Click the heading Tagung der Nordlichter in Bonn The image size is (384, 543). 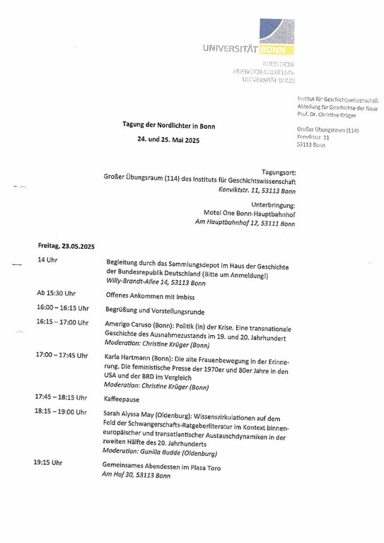pyautogui.click(x=168, y=126)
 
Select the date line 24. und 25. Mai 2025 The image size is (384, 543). pyautogui.click(x=168, y=140)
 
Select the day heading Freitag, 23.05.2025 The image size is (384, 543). pyautogui.click(x=66, y=246)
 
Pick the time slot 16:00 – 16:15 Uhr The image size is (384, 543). pyautogui.click(x=63, y=308)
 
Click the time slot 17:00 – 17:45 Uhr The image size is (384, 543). pyautogui.click(x=62, y=355)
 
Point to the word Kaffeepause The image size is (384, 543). pyautogui.click(x=122, y=399)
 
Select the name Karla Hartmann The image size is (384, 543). pyautogui.click(x=127, y=356)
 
